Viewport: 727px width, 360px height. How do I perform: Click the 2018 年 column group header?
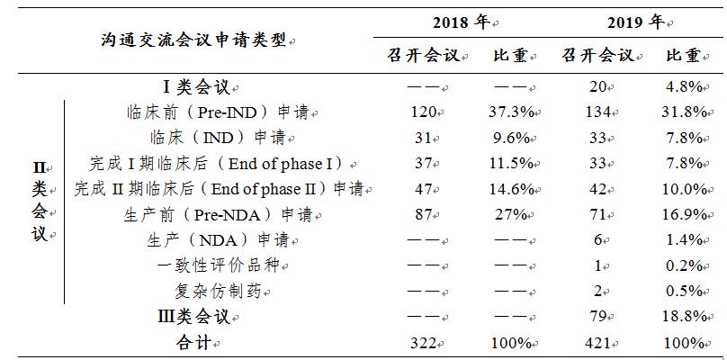click(462, 22)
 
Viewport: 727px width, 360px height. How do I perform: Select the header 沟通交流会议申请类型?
click(195, 40)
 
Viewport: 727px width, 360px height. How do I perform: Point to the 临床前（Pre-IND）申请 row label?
click(220, 112)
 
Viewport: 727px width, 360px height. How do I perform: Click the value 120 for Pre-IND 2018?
click(421, 112)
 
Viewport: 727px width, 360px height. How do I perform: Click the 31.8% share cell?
click(684, 112)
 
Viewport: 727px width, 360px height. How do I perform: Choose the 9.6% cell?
click(515, 138)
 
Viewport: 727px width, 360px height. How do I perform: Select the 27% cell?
click(515, 215)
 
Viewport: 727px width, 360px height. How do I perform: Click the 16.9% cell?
click(684, 215)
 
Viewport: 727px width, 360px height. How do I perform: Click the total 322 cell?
click(421, 343)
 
